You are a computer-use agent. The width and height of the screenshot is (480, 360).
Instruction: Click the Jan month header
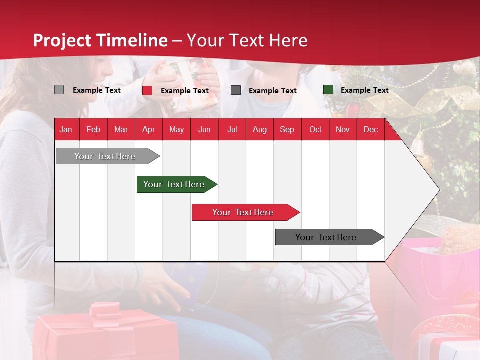pyautogui.click(x=66, y=129)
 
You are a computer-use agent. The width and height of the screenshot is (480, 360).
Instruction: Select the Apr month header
pyautogui.click(x=148, y=129)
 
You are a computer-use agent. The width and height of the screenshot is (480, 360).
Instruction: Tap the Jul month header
pyautogui.click(x=232, y=129)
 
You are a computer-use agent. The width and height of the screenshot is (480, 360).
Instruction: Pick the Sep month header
pyautogui.click(x=287, y=129)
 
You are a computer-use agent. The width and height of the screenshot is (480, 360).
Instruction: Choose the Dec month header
pyautogui.click(x=370, y=129)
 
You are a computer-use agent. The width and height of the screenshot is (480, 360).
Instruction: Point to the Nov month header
pyautogui.click(x=342, y=129)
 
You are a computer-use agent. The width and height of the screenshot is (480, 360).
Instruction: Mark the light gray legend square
pyautogui.click(x=59, y=90)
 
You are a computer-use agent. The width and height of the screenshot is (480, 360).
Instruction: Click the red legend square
pyautogui.click(x=147, y=90)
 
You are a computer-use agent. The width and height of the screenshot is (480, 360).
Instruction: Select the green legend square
pyautogui.click(x=328, y=90)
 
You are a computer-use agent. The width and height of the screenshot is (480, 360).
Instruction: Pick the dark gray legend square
pyautogui.click(x=236, y=90)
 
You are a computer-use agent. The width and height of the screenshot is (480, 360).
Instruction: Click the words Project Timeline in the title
pyautogui.click(x=100, y=40)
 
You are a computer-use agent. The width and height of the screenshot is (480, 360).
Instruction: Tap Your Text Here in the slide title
pyautogui.click(x=247, y=40)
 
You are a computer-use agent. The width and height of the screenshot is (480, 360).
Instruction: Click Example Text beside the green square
pyautogui.click(x=364, y=90)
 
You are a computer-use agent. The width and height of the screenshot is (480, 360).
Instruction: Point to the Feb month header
pyautogui.click(x=93, y=129)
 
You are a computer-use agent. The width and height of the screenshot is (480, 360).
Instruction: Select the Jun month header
pyautogui.click(x=204, y=129)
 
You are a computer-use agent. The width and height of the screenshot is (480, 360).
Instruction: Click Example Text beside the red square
pyautogui.click(x=184, y=91)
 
